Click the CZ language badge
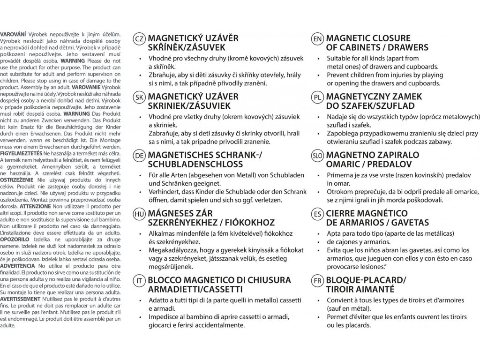click(139, 38)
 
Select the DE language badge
click(139, 156)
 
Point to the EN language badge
click(317, 38)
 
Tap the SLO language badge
click(317, 156)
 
